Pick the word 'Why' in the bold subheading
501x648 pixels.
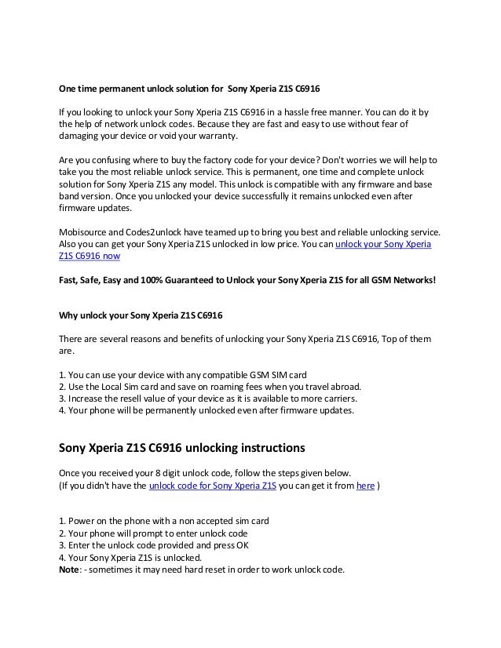point(70,316)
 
